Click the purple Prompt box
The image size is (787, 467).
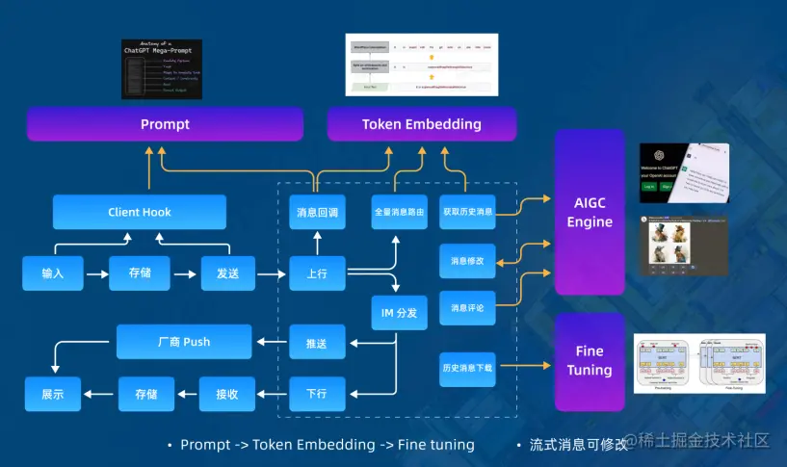[x=165, y=124]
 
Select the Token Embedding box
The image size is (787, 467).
[x=421, y=124]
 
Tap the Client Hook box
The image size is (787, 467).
[x=140, y=212]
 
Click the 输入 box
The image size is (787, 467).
[x=53, y=273]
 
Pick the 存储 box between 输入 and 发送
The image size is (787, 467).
[x=140, y=273]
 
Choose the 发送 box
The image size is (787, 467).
[x=227, y=273]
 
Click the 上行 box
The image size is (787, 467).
[x=317, y=273]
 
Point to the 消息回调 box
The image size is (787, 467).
[x=317, y=212]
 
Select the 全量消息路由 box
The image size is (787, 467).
[x=400, y=212]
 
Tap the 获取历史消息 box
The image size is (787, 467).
[x=468, y=212]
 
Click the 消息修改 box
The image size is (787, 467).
[x=468, y=260]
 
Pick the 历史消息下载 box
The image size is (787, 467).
[x=468, y=369]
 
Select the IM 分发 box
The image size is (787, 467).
[x=400, y=313]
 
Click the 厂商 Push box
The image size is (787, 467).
[x=184, y=341]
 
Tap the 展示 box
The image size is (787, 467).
[x=53, y=393]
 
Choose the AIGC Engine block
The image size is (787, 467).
[x=590, y=212]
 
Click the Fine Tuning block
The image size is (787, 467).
[x=590, y=361]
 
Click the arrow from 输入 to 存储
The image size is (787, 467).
[x=95, y=274]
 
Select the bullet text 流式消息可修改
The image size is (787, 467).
[x=578, y=445]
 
